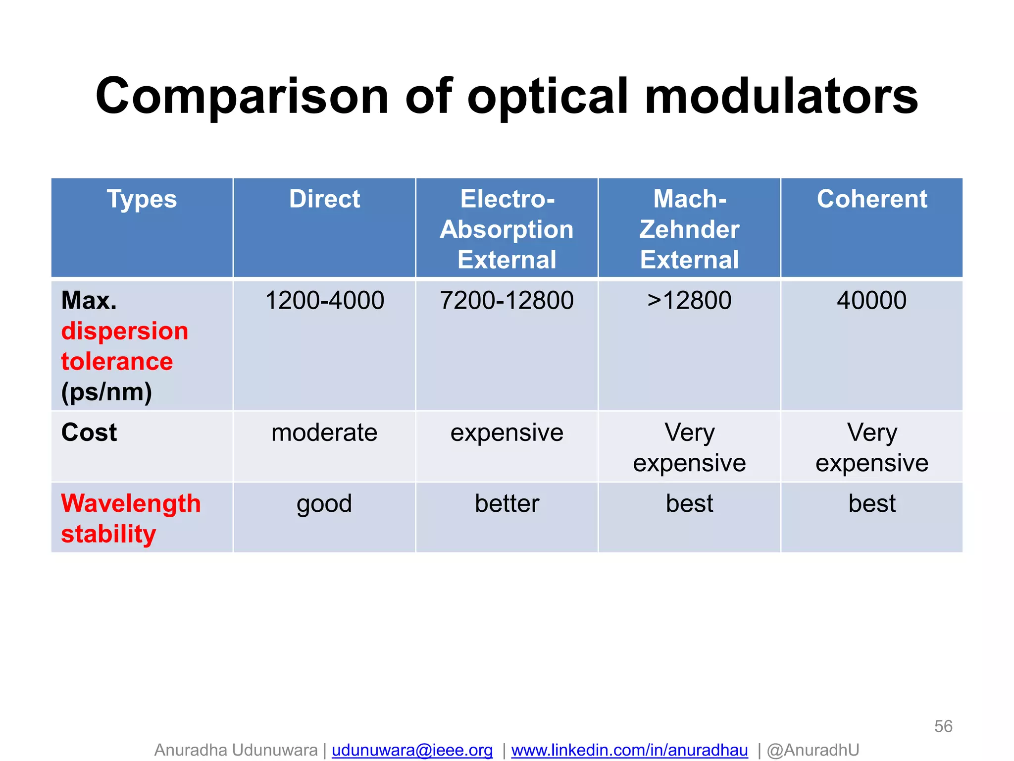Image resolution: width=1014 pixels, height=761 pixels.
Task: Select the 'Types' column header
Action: pos(142,199)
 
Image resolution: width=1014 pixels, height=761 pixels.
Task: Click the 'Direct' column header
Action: pos(324,199)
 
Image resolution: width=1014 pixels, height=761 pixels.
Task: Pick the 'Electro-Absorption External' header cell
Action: pos(507,229)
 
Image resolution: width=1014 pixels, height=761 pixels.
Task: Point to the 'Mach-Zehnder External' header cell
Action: pos(689,229)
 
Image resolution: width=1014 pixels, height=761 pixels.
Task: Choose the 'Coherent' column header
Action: pos(871,199)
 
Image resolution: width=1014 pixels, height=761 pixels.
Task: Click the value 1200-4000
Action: pos(324,300)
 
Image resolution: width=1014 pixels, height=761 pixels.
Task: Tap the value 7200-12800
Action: pos(507,300)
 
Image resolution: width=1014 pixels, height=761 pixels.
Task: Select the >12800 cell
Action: pos(689,300)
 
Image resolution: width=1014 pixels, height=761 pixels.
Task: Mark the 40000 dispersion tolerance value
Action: pos(871,300)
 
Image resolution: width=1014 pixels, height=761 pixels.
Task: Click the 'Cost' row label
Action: pos(89,432)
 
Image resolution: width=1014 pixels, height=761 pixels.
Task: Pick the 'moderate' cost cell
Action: pos(324,433)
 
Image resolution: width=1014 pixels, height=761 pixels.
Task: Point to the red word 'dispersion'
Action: pos(125,331)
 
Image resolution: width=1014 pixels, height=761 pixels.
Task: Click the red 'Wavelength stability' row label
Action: pos(131,518)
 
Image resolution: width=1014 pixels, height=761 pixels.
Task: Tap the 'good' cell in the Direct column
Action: pos(324,504)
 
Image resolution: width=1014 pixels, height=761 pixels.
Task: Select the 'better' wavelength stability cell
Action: pos(507,503)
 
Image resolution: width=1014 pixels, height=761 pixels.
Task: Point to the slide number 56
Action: pos(943,726)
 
